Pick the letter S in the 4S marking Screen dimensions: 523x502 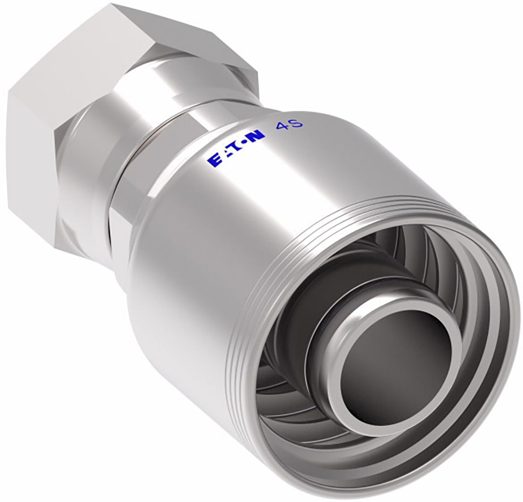[x=296, y=123]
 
